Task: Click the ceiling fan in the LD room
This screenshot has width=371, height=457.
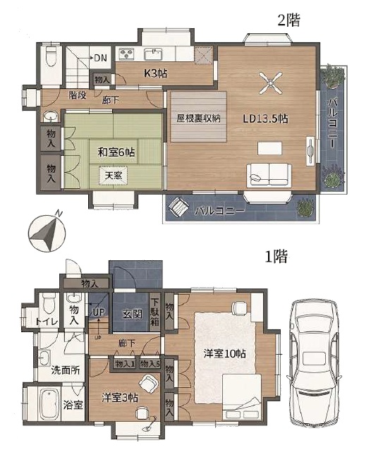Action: pos(271,83)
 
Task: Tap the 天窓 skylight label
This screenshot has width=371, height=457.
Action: pos(114,176)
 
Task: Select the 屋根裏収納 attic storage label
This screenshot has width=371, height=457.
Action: pos(198,118)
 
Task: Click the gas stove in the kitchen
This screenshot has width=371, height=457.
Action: pos(126,54)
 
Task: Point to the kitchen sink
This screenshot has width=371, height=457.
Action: pos(154,54)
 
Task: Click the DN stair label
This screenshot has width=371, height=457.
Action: pos(101,58)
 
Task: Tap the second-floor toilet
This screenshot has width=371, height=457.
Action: pos(51,52)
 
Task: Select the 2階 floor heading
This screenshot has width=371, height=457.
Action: pos(288,20)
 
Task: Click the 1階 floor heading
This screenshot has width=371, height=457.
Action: pos(276,257)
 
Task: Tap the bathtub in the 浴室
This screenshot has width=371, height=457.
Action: pos(49,403)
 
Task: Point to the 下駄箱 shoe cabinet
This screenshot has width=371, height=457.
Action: pos(154,312)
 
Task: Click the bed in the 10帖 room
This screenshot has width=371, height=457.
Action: pos(242,398)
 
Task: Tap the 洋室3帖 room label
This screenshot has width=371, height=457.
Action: pos(120,398)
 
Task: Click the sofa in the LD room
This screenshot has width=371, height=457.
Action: pos(269,175)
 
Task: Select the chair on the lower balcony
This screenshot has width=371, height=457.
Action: pos(178,207)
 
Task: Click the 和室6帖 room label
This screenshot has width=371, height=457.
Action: pos(116,152)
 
